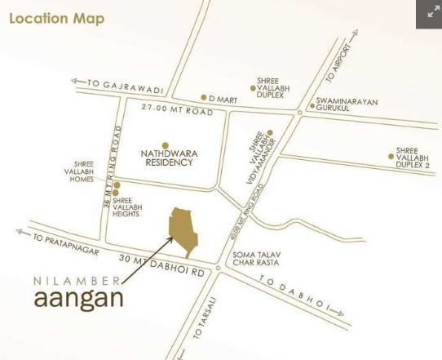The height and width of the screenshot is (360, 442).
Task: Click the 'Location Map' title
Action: pyautogui.click(x=56, y=17)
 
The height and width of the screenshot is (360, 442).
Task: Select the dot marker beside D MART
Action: pyautogui.click(x=204, y=98)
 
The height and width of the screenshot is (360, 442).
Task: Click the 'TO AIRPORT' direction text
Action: pyautogui.click(x=337, y=64)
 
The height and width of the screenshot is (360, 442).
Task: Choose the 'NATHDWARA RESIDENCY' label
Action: pyautogui.click(x=165, y=157)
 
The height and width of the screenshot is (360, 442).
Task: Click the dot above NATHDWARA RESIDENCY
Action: pyautogui.click(x=165, y=144)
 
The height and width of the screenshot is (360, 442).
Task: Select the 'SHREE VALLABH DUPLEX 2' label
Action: pyautogui.click(x=413, y=158)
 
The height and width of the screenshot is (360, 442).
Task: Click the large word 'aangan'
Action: pyautogui.click(x=78, y=298)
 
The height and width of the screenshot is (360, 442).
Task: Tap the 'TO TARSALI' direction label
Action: pyautogui.click(x=205, y=318)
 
